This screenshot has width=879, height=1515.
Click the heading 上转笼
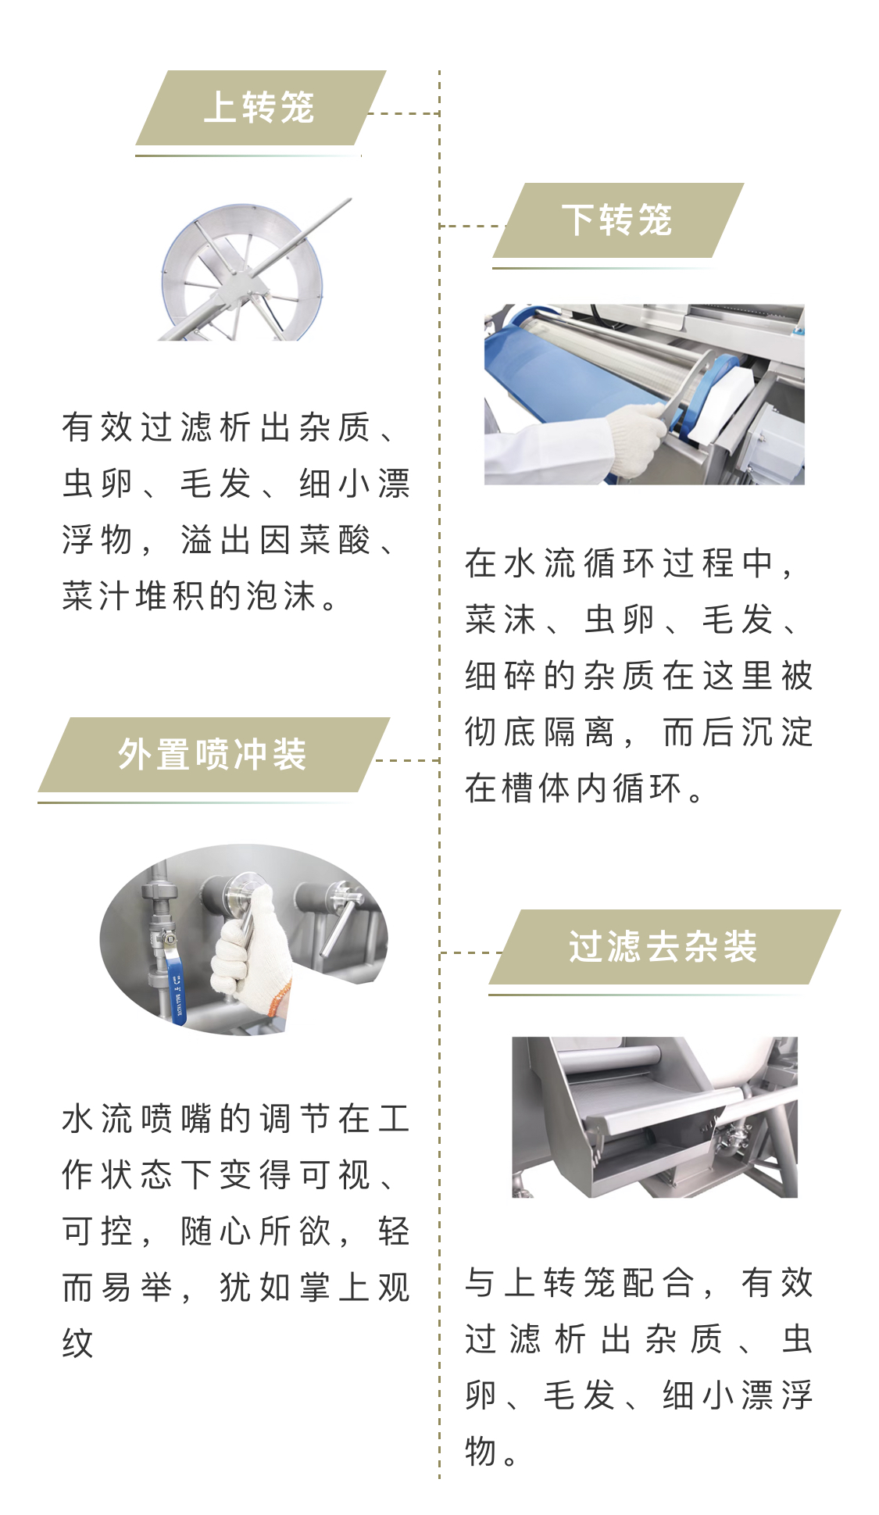[259, 108]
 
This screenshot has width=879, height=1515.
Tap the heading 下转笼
[616, 220]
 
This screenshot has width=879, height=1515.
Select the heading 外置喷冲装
[212, 755]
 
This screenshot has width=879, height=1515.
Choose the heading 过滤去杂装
[663, 947]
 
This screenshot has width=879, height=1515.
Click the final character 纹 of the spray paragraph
[78, 1343]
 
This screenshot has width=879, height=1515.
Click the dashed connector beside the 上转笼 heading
[403, 113]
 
